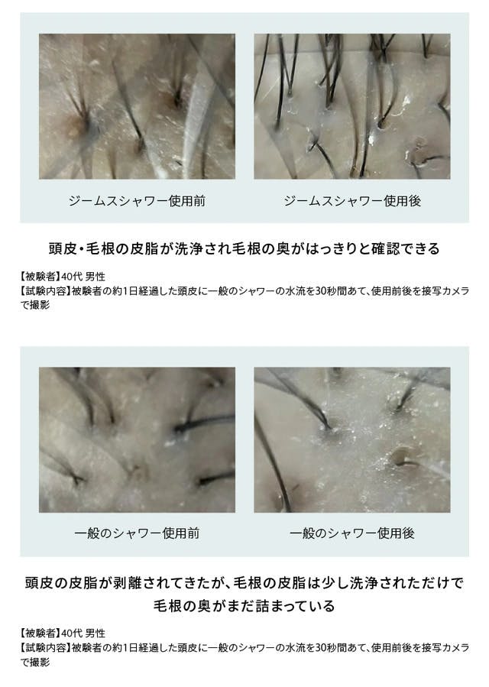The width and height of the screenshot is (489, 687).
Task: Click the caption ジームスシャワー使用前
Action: [137, 201]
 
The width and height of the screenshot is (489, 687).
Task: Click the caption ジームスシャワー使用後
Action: [352, 201]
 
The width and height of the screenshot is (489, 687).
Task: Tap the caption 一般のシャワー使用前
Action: [137, 533]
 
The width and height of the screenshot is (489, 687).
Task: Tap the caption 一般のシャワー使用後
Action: [352, 533]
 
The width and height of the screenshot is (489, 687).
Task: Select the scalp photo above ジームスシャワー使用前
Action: [137, 106]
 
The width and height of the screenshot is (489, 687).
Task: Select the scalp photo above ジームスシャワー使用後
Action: [352, 106]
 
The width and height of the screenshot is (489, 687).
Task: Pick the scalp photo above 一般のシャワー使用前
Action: [137, 440]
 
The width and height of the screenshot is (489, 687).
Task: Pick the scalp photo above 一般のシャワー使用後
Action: [352, 440]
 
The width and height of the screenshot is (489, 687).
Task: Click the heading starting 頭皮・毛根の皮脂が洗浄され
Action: [244, 249]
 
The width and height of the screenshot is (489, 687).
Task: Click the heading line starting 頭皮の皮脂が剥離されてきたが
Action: [244, 583]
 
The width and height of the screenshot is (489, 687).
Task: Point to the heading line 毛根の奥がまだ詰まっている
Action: [244, 607]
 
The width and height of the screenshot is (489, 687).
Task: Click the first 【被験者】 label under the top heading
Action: [39, 277]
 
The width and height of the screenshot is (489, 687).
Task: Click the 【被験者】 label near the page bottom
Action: [39, 633]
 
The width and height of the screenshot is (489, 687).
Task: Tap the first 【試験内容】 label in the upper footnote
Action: [44, 291]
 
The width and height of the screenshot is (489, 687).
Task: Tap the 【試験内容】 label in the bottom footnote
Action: [44, 647]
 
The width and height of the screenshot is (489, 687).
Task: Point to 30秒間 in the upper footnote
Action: [331, 291]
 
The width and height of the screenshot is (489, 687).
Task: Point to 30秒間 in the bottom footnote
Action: [331, 647]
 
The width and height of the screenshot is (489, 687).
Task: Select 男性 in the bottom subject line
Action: [95, 633]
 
